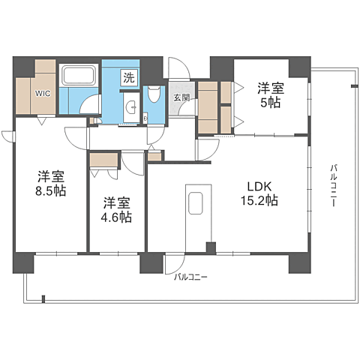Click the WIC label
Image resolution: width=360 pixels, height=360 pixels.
[43, 94]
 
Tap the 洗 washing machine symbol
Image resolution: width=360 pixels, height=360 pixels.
[129, 78]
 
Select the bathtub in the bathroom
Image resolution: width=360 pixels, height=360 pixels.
[79, 74]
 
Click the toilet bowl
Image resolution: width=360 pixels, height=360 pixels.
[154, 94]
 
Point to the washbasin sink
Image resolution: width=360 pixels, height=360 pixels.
[131, 108]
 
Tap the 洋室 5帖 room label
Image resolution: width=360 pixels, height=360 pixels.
[271, 95]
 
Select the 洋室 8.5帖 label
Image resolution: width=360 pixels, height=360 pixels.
[51, 184]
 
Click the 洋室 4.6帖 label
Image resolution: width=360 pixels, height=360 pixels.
[116, 210]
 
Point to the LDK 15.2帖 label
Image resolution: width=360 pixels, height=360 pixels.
[259, 193]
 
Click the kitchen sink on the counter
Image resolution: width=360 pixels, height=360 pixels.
[196, 203]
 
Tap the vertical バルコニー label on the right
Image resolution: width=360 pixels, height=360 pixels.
[333, 185]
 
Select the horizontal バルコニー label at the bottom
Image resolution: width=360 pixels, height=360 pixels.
[190, 277]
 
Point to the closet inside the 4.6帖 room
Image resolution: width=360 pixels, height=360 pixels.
[103, 160]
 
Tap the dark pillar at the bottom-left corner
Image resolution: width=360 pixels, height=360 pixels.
[23, 263]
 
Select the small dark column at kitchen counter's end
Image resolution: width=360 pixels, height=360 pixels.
[211, 248]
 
